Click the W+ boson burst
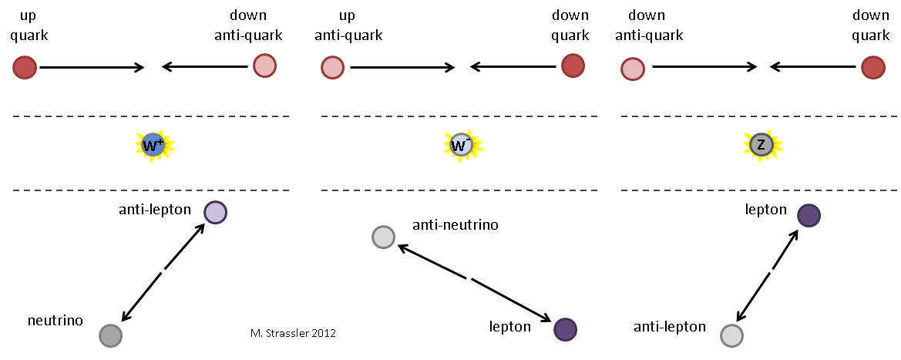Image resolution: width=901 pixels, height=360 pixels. [153, 144]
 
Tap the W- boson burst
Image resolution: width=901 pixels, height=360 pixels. [461, 144]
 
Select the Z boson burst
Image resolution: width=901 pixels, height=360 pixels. [761, 144]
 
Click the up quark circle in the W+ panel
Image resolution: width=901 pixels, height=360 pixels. [25, 68]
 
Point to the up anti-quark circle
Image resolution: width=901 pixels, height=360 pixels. [332, 68]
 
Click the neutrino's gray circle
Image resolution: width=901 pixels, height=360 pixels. [111, 335]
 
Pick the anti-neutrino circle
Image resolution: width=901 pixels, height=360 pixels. [383, 237]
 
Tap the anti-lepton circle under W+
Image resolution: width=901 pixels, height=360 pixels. [215, 212]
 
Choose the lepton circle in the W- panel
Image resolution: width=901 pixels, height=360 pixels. [565, 329]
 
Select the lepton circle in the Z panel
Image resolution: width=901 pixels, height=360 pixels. [809, 215]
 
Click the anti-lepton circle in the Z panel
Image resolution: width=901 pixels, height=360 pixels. [731, 335]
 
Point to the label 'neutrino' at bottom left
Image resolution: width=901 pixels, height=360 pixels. [55, 319]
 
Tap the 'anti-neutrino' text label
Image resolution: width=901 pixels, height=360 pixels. [456, 225]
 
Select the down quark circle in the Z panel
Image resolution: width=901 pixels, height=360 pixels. [872, 68]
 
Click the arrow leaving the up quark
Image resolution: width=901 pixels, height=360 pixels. [92, 68]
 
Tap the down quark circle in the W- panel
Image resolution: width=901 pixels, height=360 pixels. [572, 66]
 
